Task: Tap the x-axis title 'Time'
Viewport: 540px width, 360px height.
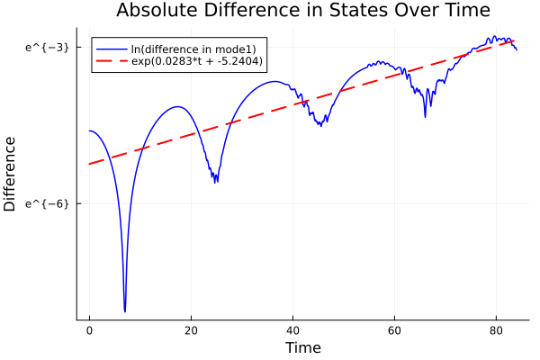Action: click(x=302, y=347)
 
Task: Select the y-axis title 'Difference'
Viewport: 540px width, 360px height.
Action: click(x=11, y=173)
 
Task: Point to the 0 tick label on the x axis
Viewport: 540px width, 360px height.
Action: click(x=89, y=331)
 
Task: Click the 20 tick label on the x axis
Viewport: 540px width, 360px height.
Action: click(x=191, y=331)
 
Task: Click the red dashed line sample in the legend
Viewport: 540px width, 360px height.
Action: click(x=112, y=61)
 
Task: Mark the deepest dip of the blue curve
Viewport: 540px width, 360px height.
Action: click(x=124, y=310)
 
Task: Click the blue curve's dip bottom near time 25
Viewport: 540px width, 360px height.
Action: click(x=216, y=181)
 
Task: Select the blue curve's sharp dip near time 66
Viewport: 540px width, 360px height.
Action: click(x=426, y=116)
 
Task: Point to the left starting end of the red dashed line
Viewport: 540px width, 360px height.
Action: click(x=90, y=164)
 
